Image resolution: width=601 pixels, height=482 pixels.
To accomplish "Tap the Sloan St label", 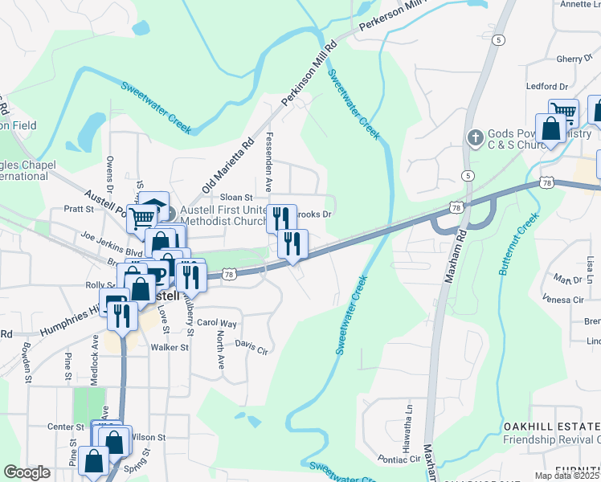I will [236, 197].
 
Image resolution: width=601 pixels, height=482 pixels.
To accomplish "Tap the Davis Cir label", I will [251, 345].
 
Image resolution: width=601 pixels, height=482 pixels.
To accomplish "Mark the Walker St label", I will [169, 348].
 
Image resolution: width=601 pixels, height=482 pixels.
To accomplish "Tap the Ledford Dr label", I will [546, 86].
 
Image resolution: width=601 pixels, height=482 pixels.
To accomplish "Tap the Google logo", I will [27, 472].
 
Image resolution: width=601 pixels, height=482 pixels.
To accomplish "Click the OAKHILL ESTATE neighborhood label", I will [551, 425].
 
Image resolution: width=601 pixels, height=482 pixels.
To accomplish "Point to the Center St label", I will [66, 427].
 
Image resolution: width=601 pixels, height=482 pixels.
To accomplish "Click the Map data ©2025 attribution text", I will [566, 476].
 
